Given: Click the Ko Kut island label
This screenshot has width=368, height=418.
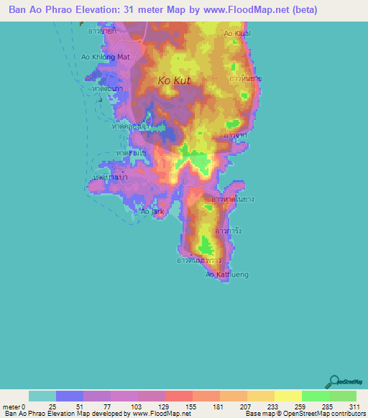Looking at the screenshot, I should click(174, 81).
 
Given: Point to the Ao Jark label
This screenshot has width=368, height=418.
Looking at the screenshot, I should click(152, 212).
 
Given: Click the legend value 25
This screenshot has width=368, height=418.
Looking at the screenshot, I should click(52, 407).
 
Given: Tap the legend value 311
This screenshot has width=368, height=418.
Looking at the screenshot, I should click(351, 407).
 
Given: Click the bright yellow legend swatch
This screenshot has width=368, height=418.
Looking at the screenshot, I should click(288, 396).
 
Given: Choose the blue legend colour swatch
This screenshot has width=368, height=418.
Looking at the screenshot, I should click(70, 396).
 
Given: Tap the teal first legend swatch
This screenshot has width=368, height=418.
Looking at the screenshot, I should click(42, 396).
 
